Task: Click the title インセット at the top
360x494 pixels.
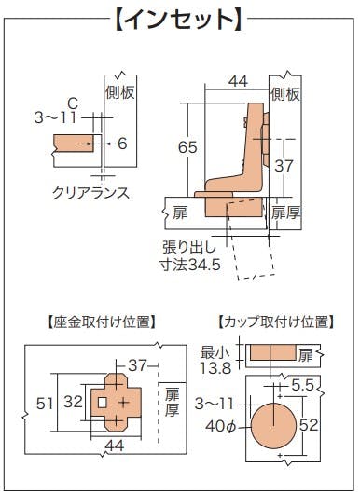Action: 179,20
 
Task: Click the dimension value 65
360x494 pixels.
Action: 187,147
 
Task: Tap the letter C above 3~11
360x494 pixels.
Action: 73,103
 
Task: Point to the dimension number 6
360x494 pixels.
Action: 122,144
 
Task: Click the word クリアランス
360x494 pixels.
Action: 90,193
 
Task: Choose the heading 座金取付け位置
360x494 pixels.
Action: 101,322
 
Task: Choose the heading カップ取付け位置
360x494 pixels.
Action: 276,322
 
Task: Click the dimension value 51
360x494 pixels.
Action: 45,404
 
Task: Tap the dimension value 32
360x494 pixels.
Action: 73,402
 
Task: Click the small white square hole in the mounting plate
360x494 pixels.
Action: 102,403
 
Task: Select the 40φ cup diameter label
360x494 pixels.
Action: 221,426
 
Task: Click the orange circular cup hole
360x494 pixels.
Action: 273,426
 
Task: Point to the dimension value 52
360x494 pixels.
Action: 309,425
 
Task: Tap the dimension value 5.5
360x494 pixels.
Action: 302,385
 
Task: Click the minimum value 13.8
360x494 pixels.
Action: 216,367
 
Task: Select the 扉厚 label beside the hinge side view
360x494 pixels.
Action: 285,213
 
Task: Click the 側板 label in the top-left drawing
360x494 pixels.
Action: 120,92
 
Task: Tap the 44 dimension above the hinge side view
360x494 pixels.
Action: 239,81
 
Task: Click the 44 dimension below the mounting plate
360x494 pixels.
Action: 115,446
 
